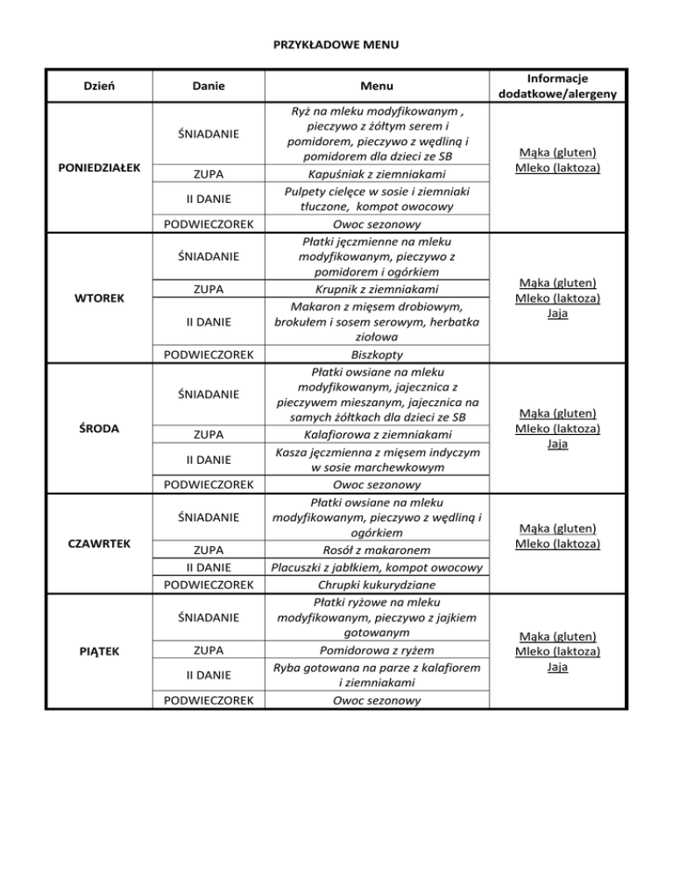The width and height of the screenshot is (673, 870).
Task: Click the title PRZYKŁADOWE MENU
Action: [x=336, y=44]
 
